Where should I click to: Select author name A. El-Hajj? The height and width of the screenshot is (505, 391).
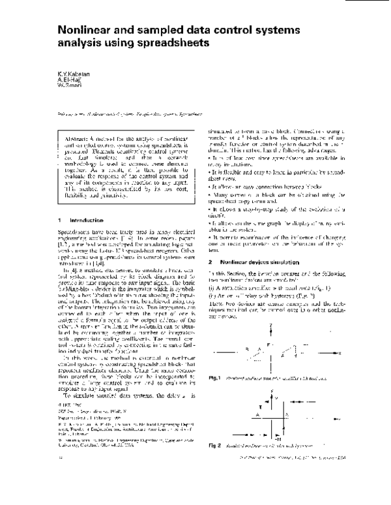pyautogui.click(x=67, y=81)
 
